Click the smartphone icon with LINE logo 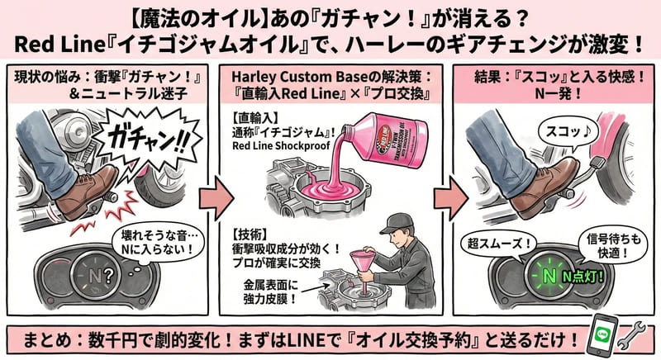pos(606,337)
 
